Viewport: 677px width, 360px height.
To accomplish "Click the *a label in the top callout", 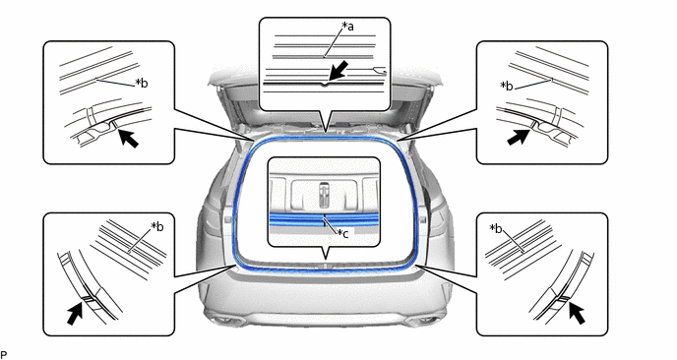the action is pos(347,27).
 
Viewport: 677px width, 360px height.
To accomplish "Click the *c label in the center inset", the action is pos(343,233).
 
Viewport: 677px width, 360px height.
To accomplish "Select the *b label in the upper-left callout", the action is pos(141,83).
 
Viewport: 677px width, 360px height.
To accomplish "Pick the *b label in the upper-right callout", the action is pos(507,86).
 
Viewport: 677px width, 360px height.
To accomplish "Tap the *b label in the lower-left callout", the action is pos(157,226).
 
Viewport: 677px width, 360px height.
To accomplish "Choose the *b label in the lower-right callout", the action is pos(496,228).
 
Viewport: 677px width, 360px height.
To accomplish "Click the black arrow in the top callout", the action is pos(338,71).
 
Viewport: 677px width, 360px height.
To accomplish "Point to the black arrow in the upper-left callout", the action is pos(128,138).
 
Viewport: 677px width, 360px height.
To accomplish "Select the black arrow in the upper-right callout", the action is pos(519,137).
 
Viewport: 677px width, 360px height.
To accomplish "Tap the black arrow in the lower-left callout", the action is pos(75,313).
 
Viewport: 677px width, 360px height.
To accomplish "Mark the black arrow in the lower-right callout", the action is pos(577,313).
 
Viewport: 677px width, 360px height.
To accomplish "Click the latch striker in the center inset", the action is pos(324,194).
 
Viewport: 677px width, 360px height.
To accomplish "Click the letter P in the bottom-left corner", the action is pos(4,355).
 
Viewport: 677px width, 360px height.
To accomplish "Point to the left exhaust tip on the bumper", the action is pos(224,320).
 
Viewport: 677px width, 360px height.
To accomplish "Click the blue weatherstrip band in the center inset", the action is pos(324,219).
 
